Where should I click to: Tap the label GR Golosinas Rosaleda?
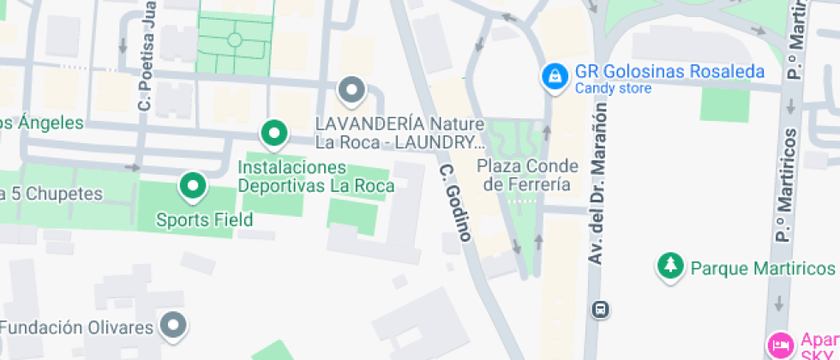tap(669, 72)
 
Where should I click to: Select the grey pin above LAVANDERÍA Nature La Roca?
tap(351, 89)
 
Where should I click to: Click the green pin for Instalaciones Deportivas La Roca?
tap(273, 133)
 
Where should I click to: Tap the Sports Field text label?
tap(204, 220)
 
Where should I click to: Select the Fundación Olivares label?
tap(76, 327)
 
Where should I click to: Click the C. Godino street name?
tap(455, 202)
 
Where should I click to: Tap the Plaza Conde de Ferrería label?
tap(527, 175)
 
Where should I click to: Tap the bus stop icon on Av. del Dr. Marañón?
tap(602, 309)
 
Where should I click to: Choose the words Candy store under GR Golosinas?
tap(613, 88)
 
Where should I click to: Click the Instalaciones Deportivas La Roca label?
tap(315, 176)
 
